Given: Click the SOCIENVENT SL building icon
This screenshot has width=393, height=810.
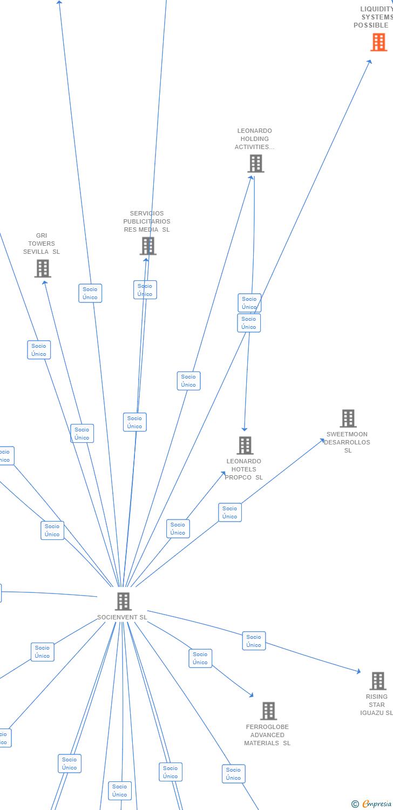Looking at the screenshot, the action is click(x=123, y=601).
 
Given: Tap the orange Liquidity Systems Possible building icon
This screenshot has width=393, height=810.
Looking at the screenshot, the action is click(x=378, y=42).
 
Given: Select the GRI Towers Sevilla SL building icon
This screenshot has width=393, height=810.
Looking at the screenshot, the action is click(x=43, y=268).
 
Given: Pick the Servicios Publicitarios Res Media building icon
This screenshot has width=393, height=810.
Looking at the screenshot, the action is click(x=148, y=246).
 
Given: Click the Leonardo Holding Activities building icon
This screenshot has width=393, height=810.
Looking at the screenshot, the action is click(x=255, y=163).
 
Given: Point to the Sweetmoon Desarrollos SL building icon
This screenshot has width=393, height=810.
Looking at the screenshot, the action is click(x=348, y=418).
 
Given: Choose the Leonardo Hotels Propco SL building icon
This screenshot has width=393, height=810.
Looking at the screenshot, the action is click(x=245, y=446).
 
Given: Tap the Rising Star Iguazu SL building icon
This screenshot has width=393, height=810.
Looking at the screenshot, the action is click(x=378, y=681).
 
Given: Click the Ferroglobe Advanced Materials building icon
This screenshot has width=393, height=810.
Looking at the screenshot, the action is click(x=268, y=711).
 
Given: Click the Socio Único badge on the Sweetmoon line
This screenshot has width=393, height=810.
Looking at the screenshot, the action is click(x=230, y=512).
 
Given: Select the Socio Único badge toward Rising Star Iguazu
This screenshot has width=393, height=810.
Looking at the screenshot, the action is click(x=254, y=641).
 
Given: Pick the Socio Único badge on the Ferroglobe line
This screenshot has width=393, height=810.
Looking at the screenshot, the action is click(x=200, y=658).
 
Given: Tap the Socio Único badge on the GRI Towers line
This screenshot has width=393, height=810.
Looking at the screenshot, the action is click(x=82, y=434).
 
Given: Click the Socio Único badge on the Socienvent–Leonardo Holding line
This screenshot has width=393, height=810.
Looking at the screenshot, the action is click(x=188, y=381).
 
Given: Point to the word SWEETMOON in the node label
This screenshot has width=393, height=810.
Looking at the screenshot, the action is click(x=347, y=434).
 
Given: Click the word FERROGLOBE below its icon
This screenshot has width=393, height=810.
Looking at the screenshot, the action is click(x=267, y=727).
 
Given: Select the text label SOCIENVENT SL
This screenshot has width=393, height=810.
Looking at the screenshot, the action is click(x=122, y=617).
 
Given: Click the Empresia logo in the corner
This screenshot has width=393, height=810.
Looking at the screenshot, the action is click(x=372, y=804).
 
